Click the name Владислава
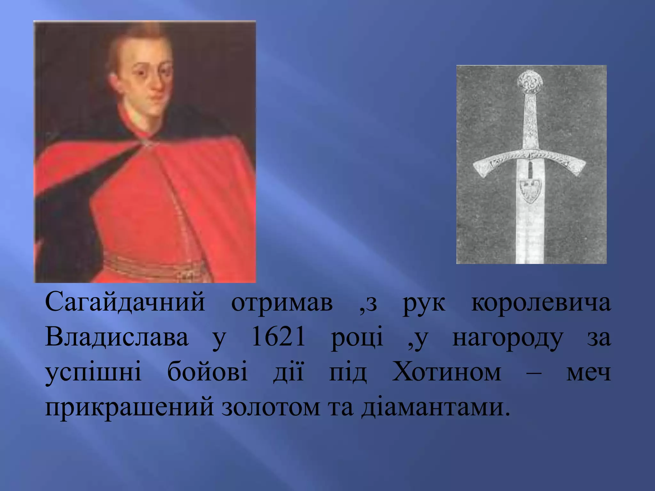click(117, 338)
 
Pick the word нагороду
click(507, 339)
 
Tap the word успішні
click(93, 373)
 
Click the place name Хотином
click(446, 372)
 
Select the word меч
click(588, 373)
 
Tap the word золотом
click(271, 407)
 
